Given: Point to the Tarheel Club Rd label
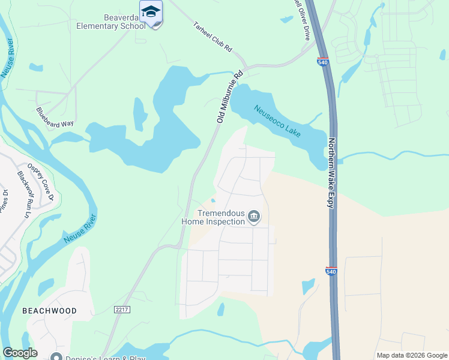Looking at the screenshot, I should tap(212, 38).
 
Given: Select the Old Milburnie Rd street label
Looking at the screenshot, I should tap(229, 97).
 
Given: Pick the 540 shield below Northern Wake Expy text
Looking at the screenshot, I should tap(332, 271).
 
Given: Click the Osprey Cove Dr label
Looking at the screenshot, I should tap(41, 181).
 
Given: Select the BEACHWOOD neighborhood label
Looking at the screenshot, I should tap(49, 311).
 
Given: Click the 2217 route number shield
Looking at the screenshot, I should tap(122, 308).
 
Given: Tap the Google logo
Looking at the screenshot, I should tap(20, 353).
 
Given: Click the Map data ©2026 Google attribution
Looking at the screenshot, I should tap(411, 355).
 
